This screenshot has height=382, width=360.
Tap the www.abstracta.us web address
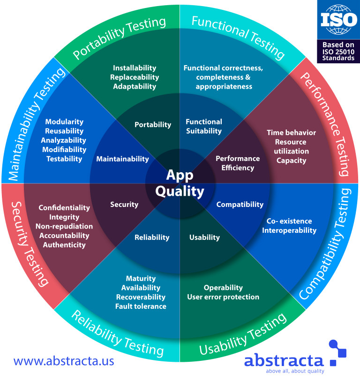[64, 361]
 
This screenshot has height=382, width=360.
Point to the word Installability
[135, 68]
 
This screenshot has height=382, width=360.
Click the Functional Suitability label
[204, 126]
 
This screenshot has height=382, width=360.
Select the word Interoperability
[289, 230]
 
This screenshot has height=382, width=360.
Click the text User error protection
[223, 297]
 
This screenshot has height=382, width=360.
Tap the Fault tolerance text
[141, 306]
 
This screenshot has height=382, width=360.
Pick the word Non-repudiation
[64, 226]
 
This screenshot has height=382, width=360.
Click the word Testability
[64, 159]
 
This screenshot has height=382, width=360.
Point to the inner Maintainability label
[122, 159]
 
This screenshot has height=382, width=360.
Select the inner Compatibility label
[240, 204]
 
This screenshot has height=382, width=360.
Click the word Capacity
[291, 160]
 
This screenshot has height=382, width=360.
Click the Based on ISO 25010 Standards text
[338, 52]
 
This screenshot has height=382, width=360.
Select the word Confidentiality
[64, 207]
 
